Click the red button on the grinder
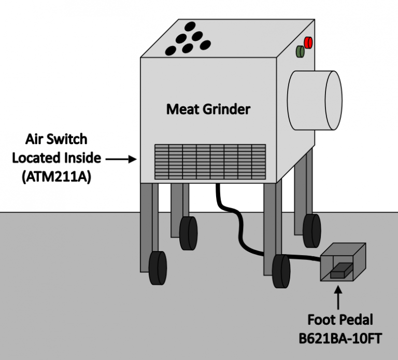coord(309,43)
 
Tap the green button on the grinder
coord(300,51)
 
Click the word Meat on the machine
coord(181,109)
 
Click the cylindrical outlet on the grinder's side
coord(315,100)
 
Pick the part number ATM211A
coord(56,176)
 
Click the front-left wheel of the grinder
coord(158,268)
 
